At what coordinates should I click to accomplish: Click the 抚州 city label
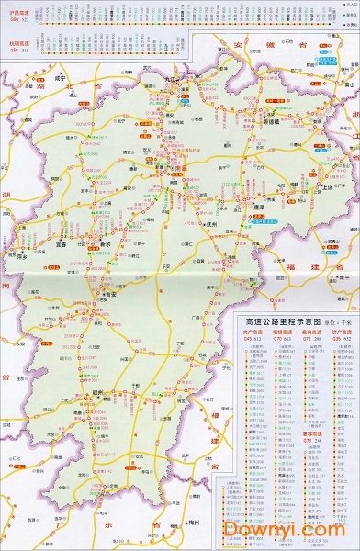click(209, 223)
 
